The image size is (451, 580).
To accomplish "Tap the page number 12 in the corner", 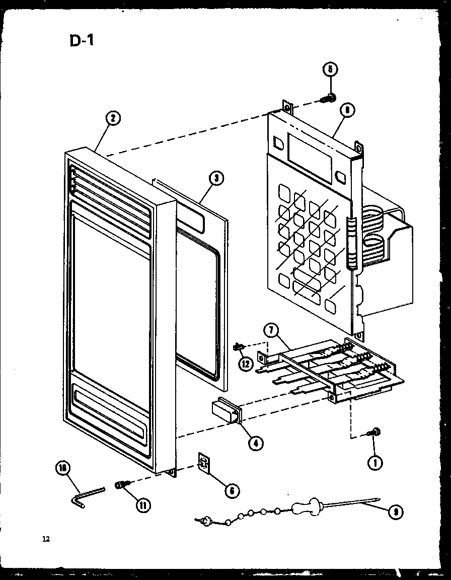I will pos(46,539).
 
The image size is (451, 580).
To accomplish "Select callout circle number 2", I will pos(113,118).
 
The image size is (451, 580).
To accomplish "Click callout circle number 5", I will pos(330,69).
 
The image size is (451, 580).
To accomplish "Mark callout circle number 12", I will pos(246,365).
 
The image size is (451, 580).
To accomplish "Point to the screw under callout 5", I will pos(329,98).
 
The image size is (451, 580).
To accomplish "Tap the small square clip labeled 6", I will pos(204,463).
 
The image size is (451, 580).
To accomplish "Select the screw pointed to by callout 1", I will pos(374,432).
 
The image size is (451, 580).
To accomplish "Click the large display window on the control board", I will pos(310,157).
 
